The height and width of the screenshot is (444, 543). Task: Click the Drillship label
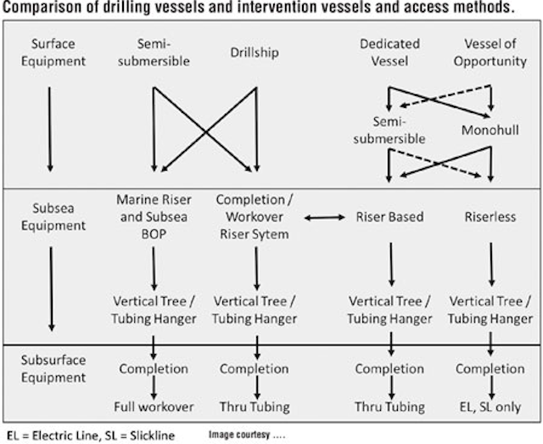tap(255, 53)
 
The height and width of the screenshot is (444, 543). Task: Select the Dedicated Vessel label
tap(390, 53)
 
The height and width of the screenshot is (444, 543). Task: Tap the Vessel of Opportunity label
tap(490, 53)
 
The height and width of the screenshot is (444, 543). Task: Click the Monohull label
tap(490, 131)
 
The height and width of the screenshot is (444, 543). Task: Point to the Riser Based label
tap(390, 217)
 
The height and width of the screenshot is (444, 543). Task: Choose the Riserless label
tap(490, 217)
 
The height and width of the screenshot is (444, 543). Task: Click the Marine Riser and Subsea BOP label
tap(154, 217)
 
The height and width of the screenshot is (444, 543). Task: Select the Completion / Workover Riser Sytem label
tap(255, 217)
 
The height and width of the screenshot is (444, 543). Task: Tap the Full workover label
tap(154, 407)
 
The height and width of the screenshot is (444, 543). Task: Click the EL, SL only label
tap(490, 407)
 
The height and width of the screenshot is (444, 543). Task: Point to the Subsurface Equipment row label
tap(53, 368)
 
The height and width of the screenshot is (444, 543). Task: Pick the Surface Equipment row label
tap(53, 53)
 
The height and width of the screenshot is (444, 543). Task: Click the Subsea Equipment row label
tap(53, 217)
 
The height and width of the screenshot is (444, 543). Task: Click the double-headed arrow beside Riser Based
tap(324, 217)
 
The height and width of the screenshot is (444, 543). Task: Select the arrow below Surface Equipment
tap(50, 129)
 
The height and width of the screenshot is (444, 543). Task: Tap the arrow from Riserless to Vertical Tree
tap(491, 265)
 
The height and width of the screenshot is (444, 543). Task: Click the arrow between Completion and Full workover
tap(154, 388)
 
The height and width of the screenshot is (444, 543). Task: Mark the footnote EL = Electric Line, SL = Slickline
tap(91, 436)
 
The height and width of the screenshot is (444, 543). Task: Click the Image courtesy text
tap(247, 435)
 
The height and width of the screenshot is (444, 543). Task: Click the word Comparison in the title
tap(42, 8)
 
